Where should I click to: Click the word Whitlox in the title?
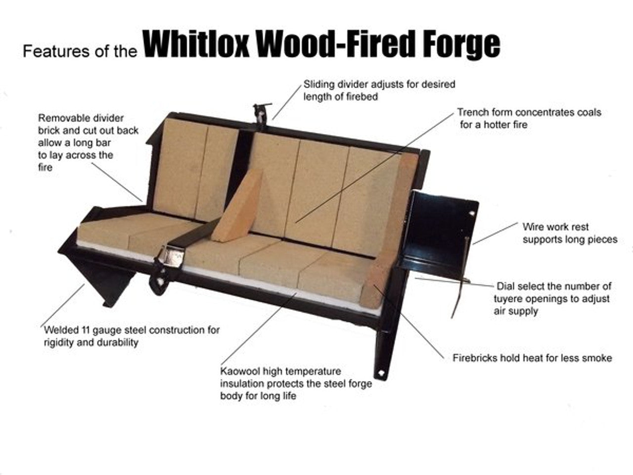[196, 45]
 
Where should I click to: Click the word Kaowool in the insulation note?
[240, 371]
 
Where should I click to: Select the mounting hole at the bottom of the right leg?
[381, 373]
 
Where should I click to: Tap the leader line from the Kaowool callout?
[259, 329]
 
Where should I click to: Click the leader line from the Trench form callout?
[374, 168]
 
